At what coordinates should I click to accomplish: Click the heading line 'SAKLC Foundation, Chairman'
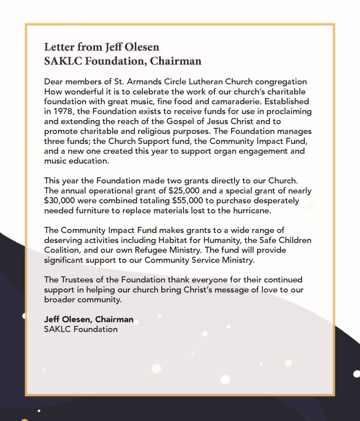[x=123, y=61]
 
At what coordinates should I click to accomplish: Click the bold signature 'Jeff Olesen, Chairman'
[x=88, y=319]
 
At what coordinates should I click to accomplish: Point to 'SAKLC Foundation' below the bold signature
[x=81, y=329]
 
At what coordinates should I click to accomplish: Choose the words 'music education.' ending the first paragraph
[x=77, y=161]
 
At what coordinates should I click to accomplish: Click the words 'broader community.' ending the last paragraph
[x=83, y=299]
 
